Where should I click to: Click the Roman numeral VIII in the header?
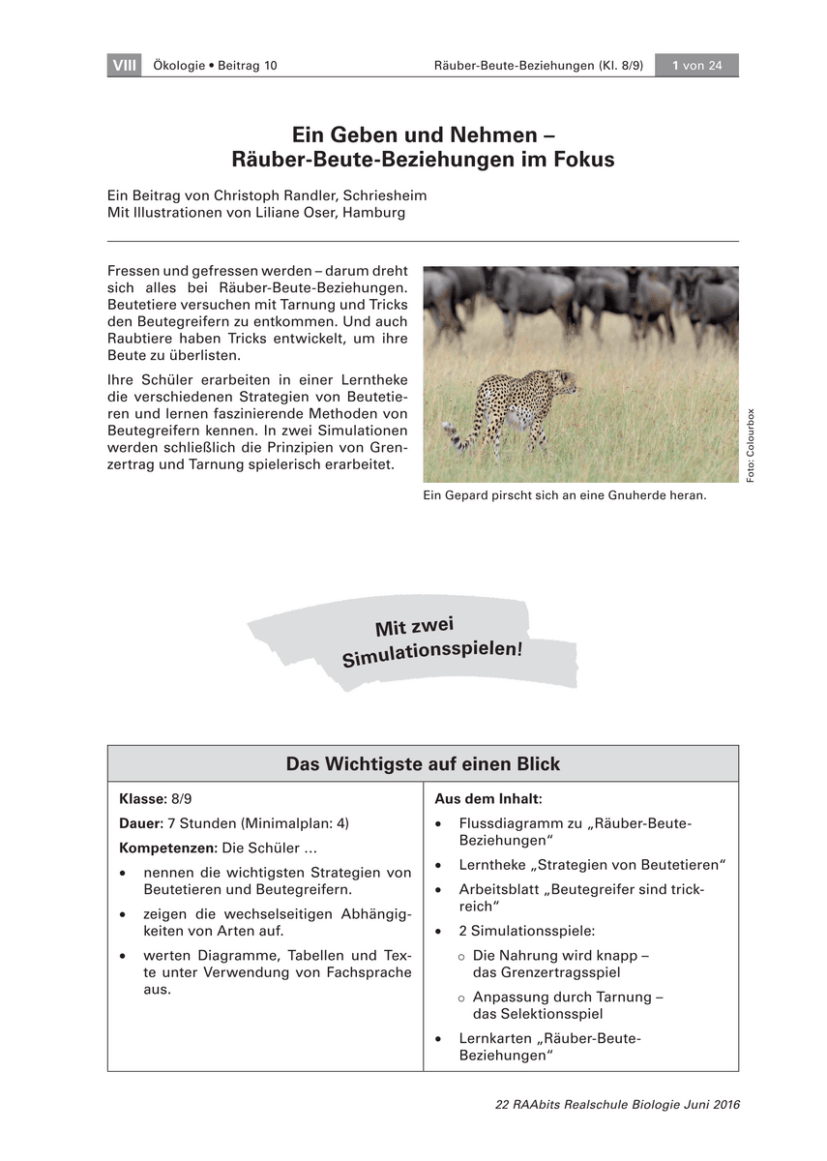coord(124,66)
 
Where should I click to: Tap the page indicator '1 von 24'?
coord(696,66)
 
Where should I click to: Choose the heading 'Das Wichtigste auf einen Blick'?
coord(423,764)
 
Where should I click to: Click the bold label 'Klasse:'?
coord(143,800)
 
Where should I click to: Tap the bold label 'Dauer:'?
coord(140,823)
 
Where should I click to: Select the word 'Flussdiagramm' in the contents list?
coord(507,823)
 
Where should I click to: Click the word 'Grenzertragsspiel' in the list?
coord(546,972)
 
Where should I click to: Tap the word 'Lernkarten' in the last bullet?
coord(493,1038)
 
